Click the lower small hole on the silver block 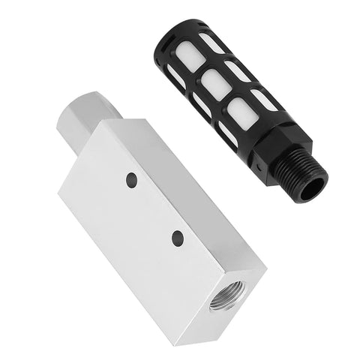(x=178, y=237)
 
